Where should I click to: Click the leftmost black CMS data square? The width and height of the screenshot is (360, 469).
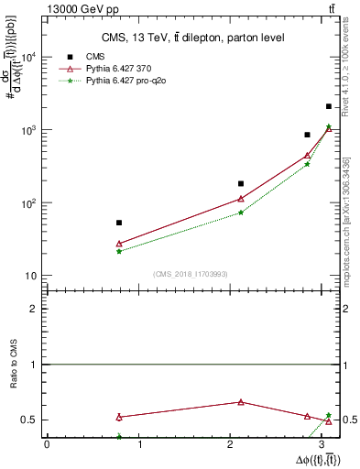click(119, 223)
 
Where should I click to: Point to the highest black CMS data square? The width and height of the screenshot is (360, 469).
click(329, 106)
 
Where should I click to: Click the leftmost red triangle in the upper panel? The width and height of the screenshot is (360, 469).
click(119, 244)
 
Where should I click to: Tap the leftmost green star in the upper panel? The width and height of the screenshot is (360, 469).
click(119, 251)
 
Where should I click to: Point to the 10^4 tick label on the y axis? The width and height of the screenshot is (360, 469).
click(29, 57)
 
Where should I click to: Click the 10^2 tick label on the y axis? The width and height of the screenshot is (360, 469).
click(29, 202)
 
